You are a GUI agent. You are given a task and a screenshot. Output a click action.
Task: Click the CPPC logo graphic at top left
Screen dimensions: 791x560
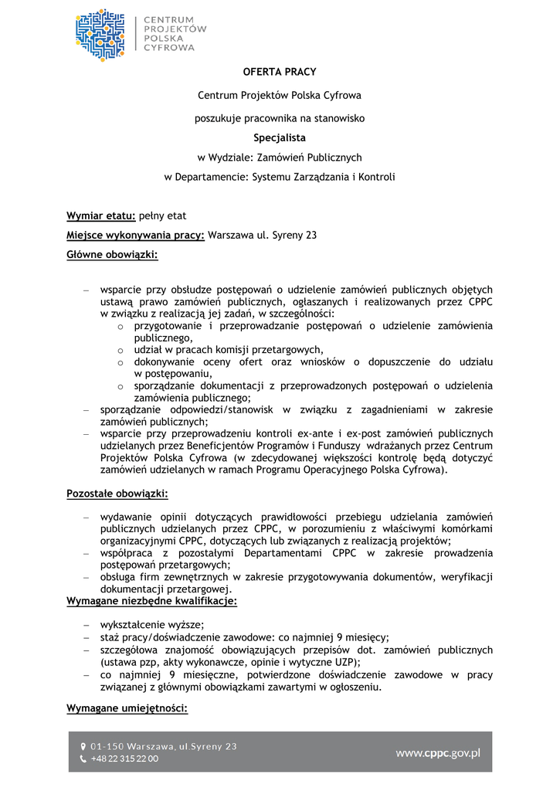click(100, 35)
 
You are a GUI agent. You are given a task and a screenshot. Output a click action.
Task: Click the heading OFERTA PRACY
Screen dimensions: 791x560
click(280, 72)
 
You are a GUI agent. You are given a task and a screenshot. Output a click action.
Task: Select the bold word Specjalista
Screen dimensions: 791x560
click(280, 138)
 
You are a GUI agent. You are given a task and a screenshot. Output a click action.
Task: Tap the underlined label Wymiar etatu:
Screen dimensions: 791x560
click(101, 216)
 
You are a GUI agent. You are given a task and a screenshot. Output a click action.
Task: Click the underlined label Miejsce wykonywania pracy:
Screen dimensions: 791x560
click(135, 235)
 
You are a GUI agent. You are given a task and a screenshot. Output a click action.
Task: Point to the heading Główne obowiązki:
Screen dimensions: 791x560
click(112, 254)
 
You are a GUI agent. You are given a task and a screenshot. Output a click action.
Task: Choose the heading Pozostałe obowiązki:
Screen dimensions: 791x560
click(117, 493)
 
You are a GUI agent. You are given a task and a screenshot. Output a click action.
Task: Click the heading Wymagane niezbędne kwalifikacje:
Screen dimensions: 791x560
click(151, 600)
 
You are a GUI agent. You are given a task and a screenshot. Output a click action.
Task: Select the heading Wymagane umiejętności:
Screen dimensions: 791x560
click(127, 708)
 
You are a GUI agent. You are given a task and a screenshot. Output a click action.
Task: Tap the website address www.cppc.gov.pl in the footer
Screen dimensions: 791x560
click(438, 752)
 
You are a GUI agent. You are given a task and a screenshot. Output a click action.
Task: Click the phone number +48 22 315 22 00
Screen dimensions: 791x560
click(124, 759)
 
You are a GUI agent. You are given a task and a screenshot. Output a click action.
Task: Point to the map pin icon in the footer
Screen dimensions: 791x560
click(83, 747)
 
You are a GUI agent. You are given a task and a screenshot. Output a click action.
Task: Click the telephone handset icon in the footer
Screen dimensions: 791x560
click(83, 759)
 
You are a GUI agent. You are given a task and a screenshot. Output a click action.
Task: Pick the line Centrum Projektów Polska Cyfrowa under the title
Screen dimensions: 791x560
click(280, 96)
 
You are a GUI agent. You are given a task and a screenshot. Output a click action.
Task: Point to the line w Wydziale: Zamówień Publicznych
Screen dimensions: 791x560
click(280, 158)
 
